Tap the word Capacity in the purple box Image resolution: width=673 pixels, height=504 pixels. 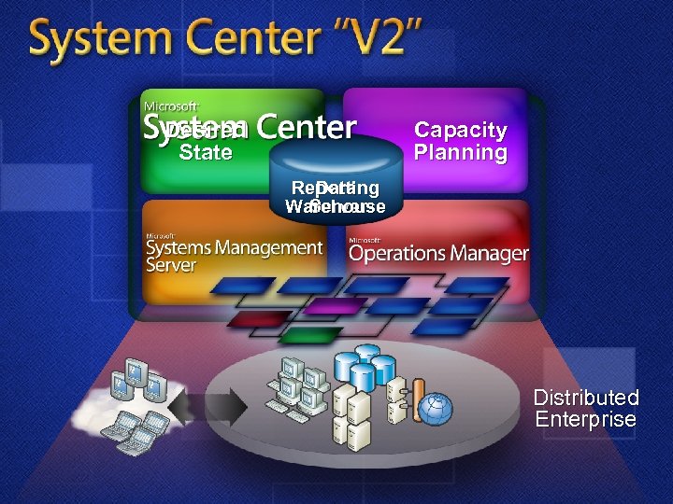(461, 131)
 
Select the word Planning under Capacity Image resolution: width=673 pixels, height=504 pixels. (461, 153)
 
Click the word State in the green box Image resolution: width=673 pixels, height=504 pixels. (206, 153)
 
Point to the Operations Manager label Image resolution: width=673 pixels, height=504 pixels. (438, 253)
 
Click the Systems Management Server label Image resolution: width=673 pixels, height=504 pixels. (234, 255)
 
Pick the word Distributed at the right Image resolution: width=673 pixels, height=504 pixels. (586, 399)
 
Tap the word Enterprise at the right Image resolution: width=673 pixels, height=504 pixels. (586, 420)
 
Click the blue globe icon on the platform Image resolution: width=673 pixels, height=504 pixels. (435, 409)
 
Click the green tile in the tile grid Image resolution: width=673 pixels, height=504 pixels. (309, 333)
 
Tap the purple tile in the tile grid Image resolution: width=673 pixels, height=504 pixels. (335, 306)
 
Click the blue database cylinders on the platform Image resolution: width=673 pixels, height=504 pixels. (365, 366)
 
